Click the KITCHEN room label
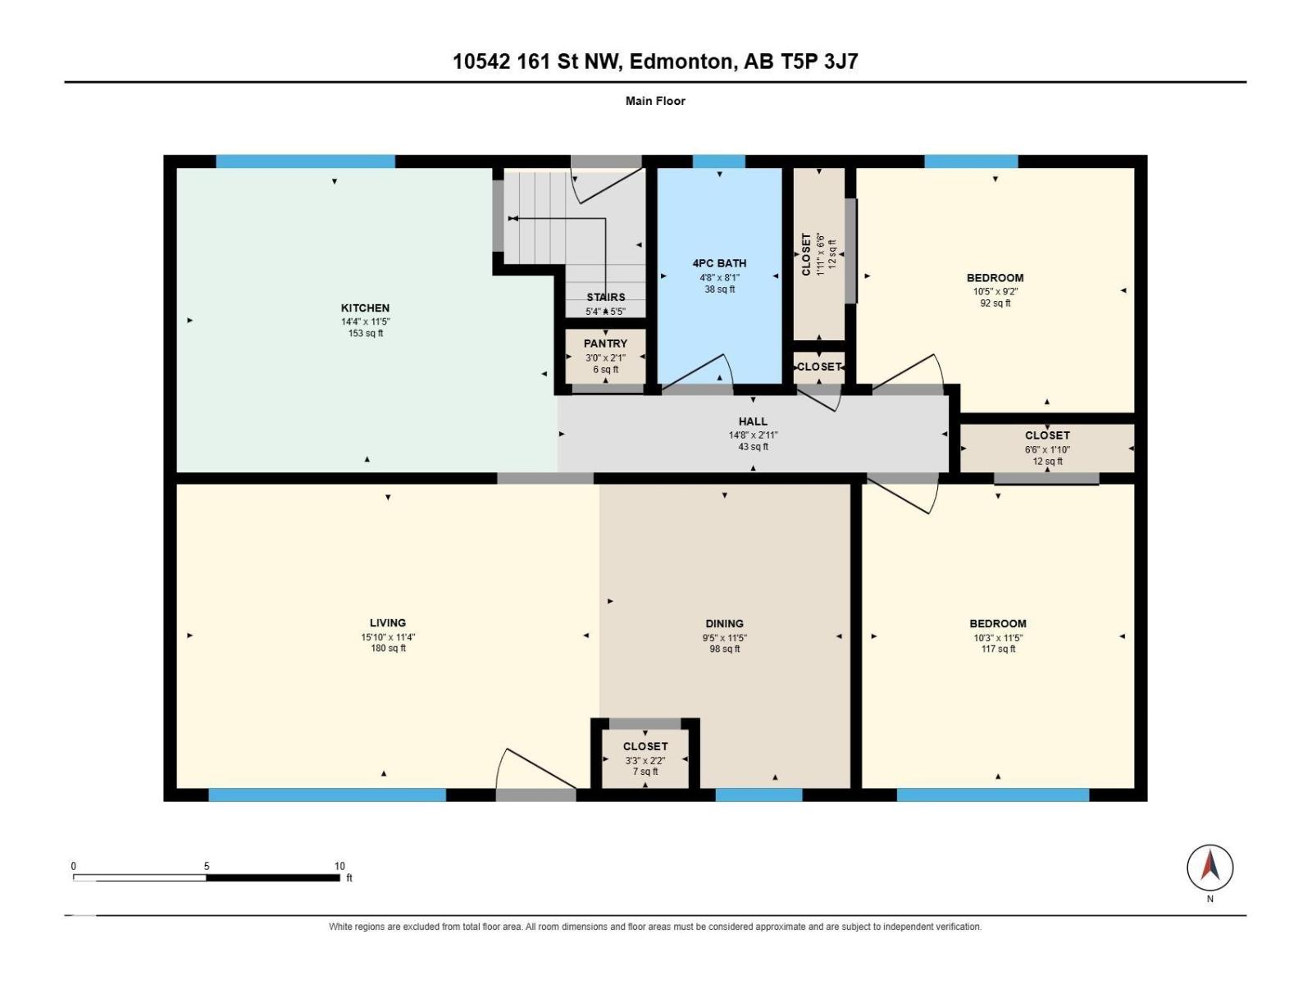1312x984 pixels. [365, 307]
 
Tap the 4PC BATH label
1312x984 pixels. [719, 263]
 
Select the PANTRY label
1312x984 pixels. [605, 344]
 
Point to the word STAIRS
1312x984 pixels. [605, 297]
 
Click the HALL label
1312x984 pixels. [753, 421]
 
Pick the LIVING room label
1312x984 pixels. [387, 622]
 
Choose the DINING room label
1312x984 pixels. [724, 623]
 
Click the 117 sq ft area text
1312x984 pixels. [998, 649]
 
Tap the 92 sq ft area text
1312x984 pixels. [995, 303]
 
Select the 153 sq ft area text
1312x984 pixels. [366, 333]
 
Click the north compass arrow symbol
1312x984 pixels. [1209, 867]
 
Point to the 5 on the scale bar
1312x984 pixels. [206, 866]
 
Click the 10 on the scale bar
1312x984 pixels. [339, 866]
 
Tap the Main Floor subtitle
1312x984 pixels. [655, 101]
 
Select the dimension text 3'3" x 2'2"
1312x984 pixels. [645, 761]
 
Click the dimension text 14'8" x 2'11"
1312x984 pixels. [753, 435]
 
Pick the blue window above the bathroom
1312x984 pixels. [718, 162]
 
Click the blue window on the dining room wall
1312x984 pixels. [758, 795]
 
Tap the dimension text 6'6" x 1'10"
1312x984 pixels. [1047, 449]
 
